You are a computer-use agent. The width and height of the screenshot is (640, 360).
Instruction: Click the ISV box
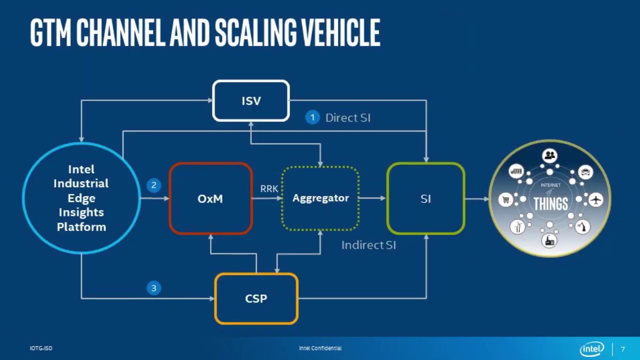pos(251,101)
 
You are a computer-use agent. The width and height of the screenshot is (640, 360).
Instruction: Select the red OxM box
pos(210,198)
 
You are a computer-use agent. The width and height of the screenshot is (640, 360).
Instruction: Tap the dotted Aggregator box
pos(320,198)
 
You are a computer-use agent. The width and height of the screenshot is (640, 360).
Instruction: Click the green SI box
pos(425,198)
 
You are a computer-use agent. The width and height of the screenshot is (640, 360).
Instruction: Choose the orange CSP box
pos(256,298)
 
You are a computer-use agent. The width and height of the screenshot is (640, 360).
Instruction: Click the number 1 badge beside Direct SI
pos(312,117)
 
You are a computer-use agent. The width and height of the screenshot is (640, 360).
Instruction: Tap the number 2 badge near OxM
pos(153,185)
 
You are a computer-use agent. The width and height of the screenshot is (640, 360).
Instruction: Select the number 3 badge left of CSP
pos(153,288)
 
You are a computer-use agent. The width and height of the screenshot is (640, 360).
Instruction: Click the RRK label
pos(269,189)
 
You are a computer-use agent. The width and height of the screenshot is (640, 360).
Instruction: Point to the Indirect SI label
pos(368,245)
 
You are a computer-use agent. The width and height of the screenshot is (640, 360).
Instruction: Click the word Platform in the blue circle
pos(81,226)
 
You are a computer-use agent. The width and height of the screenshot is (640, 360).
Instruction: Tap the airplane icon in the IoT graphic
pos(595,199)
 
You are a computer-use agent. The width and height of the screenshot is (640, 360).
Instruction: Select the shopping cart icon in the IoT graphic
pos(506,200)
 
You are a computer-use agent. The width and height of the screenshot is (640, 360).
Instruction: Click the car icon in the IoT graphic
pos(585,172)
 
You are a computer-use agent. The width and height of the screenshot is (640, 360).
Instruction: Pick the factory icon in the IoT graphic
pos(550,240)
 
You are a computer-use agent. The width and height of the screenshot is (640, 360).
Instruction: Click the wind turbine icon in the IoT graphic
pos(517,226)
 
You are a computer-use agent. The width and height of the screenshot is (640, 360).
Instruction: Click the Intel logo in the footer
pos(592,348)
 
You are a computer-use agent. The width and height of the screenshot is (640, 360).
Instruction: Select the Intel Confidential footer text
pos(320,348)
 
